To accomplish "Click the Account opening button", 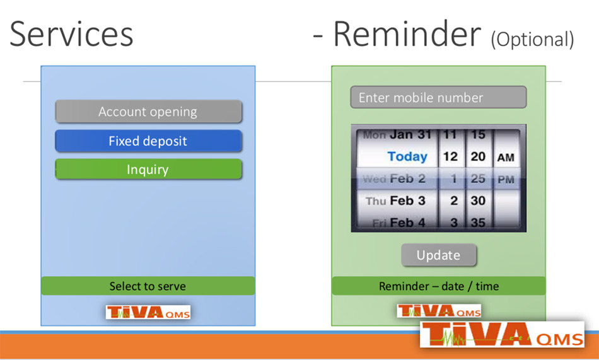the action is click(x=149, y=112).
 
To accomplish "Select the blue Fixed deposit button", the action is click(x=149, y=141).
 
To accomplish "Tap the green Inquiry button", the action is click(x=149, y=170).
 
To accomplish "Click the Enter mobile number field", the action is click(x=439, y=98).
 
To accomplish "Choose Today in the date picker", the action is click(x=407, y=156).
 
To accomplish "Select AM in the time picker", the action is click(x=506, y=158).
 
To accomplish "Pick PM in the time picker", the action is click(x=506, y=180).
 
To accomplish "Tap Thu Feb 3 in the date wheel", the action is click(x=395, y=200).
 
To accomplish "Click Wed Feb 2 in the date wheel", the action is click(x=394, y=178).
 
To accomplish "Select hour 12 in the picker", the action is click(x=450, y=156).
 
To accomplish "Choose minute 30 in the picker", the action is click(x=478, y=200).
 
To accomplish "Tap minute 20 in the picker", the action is click(x=478, y=156).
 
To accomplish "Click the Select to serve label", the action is click(x=148, y=286).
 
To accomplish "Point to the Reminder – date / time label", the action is click(x=439, y=286).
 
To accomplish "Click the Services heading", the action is click(x=71, y=34).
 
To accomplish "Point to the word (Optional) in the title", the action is click(x=533, y=39).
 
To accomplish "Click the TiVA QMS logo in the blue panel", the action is click(x=148, y=312).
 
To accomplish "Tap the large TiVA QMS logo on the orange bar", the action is click(x=502, y=334).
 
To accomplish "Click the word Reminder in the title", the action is click(x=407, y=34).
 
